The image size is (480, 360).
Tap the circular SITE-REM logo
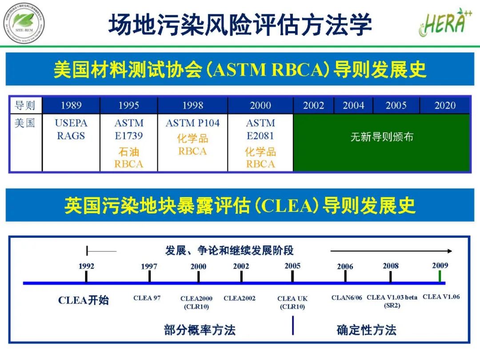tap(24, 23)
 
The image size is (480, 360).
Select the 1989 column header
tap(71, 105)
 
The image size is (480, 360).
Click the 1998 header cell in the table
tap(192, 105)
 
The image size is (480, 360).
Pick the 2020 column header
tap(445, 105)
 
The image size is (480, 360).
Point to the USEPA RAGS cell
tap(71, 129)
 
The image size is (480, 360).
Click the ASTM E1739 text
tap(129, 129)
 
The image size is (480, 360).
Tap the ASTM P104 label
tap(192, 123)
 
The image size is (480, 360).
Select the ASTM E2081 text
tap(260, 129)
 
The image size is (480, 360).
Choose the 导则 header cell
tap(25, 105)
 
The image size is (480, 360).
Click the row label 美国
tap(25, 123)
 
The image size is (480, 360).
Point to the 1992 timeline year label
tap(86, 266)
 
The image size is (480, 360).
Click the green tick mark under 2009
tap(440, 276)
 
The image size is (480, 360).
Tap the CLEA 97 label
tap(147, 298)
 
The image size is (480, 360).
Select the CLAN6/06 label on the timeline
tap(347, 298)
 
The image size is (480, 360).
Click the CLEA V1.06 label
tap(441, 297)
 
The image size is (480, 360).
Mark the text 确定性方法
tap(366, 330)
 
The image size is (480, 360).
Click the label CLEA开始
tap(84, 300)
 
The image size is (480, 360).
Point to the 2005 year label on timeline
tap(292, 266)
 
